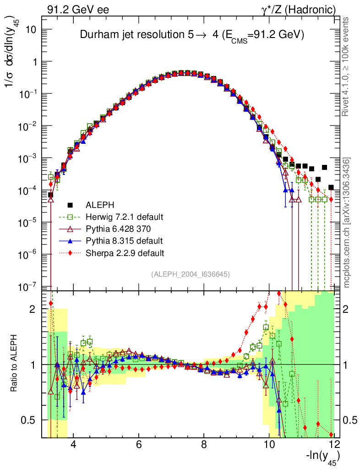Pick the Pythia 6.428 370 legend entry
coord(117,229)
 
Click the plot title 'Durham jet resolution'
coord(192,35)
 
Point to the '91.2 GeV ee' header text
coord(78,10)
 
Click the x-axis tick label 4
coord(73,445)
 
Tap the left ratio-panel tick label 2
coord(33,309)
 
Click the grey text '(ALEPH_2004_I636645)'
coord(190,274)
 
